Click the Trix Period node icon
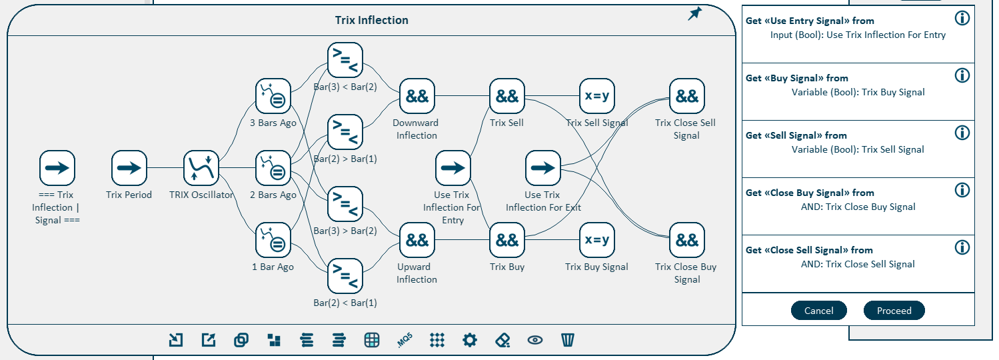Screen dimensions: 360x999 coord(129,168)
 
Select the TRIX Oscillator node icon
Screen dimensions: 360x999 coord(201,168)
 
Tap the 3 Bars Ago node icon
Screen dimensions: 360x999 coord(273,96)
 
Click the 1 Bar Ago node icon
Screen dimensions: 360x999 coord(273,240)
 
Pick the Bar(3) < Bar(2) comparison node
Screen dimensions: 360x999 coord(345,60)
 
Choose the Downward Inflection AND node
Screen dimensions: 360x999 coord(417,96)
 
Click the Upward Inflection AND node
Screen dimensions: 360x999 coord(417,240)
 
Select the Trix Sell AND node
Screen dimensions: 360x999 coord(507,96)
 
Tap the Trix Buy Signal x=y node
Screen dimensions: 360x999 coord(596,240)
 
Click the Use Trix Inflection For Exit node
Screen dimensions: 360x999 coord(543,168)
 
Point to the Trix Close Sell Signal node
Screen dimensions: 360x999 coord(686,96)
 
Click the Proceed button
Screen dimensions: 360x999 coord(894,311)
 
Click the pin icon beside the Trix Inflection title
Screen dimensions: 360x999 coord(695,14)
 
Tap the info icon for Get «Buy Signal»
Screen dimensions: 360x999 coord(962,75)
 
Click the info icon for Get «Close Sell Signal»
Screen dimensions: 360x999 coord(962,247)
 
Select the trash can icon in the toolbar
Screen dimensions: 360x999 coord(568,340)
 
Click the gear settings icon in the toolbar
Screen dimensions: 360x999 coord(470,340)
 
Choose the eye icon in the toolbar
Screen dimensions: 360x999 coord(534,340)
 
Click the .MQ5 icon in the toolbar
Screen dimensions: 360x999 coord(405,340)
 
